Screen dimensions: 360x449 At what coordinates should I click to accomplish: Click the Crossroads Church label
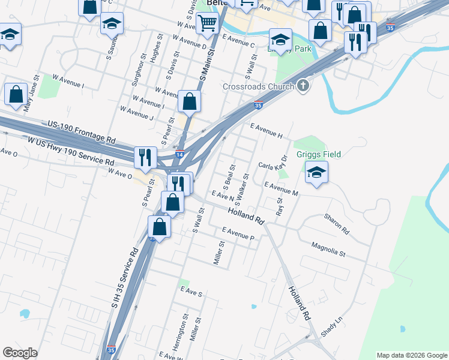[x=258, y=86]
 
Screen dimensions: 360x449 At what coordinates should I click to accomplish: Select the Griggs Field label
[x=318, y=154]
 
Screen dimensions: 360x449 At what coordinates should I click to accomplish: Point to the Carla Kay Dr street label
[x=274, y=164]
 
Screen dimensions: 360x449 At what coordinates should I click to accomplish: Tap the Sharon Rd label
[x=336, y=223]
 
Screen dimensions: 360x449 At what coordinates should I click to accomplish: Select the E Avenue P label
[x=238, y=233]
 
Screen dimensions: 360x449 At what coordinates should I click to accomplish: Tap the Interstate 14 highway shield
[x=179, y=155]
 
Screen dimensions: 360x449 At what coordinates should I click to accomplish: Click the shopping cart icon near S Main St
[x=207, y=23]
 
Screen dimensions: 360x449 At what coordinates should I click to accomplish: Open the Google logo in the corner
[x=20, y=352]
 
